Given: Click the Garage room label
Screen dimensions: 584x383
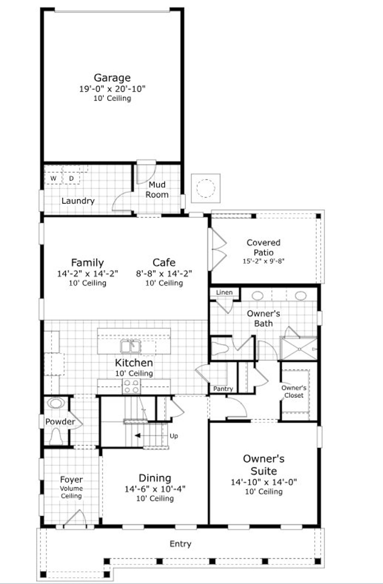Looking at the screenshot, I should [112, 78].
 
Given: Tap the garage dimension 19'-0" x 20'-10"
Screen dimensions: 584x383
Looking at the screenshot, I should [112, 89].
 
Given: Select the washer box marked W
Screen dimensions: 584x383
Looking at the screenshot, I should [53, 178].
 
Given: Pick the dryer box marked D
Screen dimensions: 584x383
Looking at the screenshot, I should [72, 178].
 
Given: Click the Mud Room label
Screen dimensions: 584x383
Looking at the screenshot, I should [157, 190].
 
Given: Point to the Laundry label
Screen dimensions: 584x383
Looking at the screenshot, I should [78, 201].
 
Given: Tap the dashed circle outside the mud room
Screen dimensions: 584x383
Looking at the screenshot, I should [206, 188].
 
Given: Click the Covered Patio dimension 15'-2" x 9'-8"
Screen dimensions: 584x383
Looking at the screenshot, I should [263, 261].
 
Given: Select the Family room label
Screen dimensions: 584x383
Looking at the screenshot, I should [87, 263].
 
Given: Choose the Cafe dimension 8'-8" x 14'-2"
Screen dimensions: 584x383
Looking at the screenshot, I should [164, 273].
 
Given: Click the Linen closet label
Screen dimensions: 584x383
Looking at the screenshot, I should [224, 292].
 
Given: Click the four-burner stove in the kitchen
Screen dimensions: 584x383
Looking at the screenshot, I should [132, 386].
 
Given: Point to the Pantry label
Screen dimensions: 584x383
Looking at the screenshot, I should [223, 389].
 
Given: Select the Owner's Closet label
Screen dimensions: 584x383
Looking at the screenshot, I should [294, 391].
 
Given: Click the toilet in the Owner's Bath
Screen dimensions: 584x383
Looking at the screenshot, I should [220, 348].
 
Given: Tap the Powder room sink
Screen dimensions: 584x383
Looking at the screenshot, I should [55, 403].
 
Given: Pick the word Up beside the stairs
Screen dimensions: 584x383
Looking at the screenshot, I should [174, 436].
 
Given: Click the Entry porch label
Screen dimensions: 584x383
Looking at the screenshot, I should [180, 544].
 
